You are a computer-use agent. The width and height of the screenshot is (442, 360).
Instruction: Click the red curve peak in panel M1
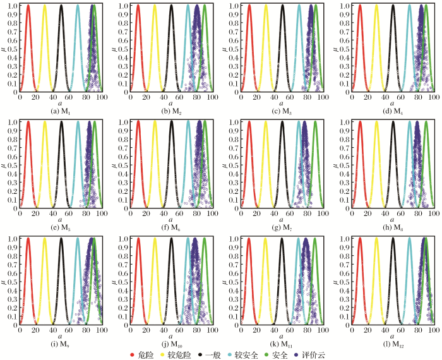coord(28,6)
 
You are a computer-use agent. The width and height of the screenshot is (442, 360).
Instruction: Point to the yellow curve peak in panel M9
coord(45,238)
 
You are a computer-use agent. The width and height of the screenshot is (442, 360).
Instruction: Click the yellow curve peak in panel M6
coord(155,122)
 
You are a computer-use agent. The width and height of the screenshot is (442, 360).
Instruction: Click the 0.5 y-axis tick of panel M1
coord(15,49)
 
